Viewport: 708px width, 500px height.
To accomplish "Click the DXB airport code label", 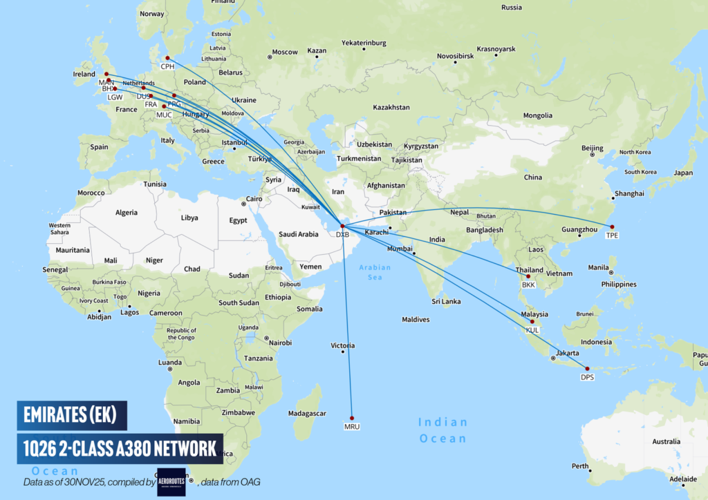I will [x=342, y=235].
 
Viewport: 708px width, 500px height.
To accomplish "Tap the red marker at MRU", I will [x=352, y=417].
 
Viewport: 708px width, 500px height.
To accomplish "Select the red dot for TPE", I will [x=612, y=227].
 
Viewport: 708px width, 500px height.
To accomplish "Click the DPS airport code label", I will [x=587, y=377].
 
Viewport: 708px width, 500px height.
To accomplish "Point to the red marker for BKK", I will [x=528, y=276].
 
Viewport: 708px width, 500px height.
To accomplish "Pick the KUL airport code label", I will [x=532, y=330].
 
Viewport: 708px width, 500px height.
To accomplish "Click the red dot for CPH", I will [x=167, y=58].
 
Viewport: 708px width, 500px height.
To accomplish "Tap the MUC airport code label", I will [x=164, y=115].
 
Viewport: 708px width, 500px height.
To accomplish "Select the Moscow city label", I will [x=284, y=52].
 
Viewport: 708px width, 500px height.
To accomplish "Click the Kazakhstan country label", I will [x=391, y=108].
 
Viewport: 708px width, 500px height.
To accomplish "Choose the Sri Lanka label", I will [x=446, y=301].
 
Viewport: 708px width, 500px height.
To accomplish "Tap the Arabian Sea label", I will [x=374, y=272].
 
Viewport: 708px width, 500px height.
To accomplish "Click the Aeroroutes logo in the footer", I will [x=171, y=481].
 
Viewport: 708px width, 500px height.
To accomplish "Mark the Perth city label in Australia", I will [x=580, y=466].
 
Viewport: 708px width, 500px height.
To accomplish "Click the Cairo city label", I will [x=255, y=199].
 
